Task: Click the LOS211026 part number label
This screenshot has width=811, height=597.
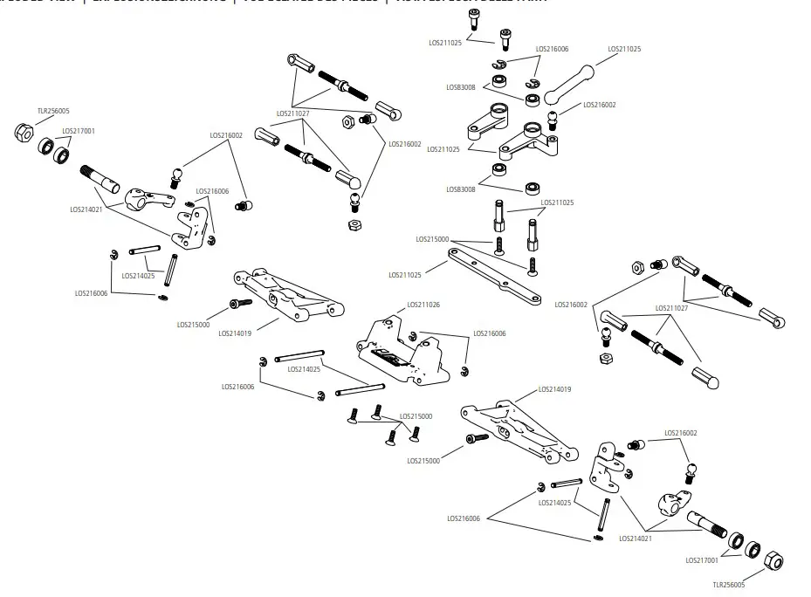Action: (423, 305)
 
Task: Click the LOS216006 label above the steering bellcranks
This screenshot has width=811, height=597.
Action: (552, 49)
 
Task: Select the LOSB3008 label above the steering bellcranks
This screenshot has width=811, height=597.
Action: (461, 86)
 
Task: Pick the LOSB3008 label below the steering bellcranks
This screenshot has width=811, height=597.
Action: (461, 189)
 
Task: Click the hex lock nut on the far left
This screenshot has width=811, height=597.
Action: (24, 132)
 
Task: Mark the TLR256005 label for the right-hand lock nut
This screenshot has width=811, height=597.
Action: (729, 586)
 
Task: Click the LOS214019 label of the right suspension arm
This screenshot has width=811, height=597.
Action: (555, 389)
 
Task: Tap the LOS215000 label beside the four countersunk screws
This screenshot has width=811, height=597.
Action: (416, 416)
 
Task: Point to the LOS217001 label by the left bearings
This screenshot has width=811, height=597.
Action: (79, 131)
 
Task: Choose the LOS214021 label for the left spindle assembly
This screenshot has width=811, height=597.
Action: (87, 209)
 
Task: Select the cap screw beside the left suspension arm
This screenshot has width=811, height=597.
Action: (239, 303)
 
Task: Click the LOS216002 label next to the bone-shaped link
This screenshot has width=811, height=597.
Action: (600, 105)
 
